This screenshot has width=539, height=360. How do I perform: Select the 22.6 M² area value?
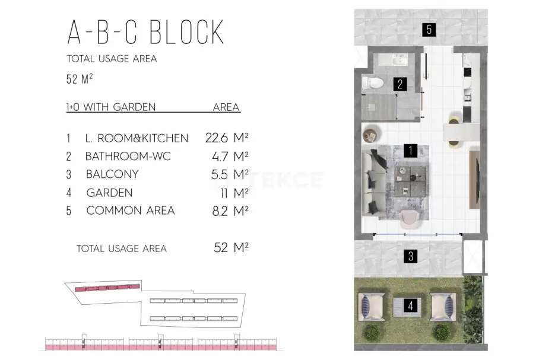pyautogui.click(x=227, y=138)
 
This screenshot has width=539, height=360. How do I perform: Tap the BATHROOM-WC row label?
pyautogui.click(x=128, y=157)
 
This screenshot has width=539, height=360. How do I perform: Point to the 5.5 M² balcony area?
pyautogui.click(x=230, y=174)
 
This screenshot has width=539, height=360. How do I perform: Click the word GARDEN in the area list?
pyautogui.click(x=109, y=193)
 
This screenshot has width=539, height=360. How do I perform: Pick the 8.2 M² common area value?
pyautogui.click(x=230, y=211)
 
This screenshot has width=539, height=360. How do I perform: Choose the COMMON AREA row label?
pyautogui.click(x=130, y=210)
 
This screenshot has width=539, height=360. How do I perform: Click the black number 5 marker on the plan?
pyautogui.click(x=429, y=30)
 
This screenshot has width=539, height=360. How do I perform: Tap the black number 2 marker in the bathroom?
pyautogui.click(x=400, y=84)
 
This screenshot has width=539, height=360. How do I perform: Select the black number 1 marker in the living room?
pyautogui.click(x=410, y=151)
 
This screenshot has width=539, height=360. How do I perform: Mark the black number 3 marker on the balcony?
pyautogui.click(x=411, y=256)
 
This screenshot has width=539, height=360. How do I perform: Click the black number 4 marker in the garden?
pyautogui.click(x=410, y=305)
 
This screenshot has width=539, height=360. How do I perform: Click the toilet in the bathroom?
pyautogui.click(x=372, y=83)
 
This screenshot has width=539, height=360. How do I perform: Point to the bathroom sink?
pyautogui.click(x=400, y=60)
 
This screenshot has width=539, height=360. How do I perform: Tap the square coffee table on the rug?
pyautogui.click(x=410, y=181)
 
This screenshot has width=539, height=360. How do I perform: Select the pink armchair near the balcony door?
pyautogui.click(x=410, y=219)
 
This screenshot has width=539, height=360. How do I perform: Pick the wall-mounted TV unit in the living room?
pyautogui.click(x=475, y=180)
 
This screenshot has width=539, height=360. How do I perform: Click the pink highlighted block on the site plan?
pyautogui.click(x=107, y=288)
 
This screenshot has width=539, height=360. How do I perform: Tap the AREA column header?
pyautogui.click(x=226, y=107)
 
